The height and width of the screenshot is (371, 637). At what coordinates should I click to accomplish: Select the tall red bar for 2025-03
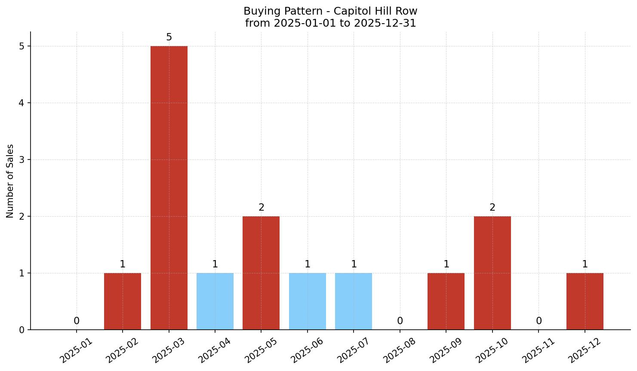click(x=169, y=187)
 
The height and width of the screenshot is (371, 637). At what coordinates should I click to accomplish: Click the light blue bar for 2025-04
click(x=215, y=301)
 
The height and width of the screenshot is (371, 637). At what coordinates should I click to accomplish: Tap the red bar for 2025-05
click(x=261, y=273)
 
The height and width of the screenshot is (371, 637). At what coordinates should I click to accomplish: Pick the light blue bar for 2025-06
click(x=308, y=301)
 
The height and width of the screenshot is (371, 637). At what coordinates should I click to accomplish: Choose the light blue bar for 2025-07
click(x=354, y=301)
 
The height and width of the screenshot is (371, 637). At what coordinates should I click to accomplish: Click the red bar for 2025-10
click(x=492, y=273)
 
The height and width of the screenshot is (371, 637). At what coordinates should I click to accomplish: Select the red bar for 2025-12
click(x=585, y=301)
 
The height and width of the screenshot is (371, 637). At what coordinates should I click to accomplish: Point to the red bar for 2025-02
click(x=123, y=301)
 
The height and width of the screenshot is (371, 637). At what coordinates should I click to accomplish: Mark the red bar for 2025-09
click(x=446, y=301)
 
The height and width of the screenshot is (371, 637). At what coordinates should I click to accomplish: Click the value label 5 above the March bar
click(x=169, y=37)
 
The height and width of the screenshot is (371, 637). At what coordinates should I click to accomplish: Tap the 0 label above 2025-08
click(x=400, y=321)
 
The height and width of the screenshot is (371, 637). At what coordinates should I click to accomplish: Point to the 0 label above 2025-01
click(x=77, y=321)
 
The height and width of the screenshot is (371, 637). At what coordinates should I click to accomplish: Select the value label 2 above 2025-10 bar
click(x=492, y=208)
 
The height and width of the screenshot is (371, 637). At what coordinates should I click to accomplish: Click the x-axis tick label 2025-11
click(x=539, y=350)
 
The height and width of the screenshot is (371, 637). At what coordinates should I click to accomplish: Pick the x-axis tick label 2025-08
click(x=400, y=350)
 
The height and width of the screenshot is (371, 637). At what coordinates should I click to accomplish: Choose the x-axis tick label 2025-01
click(x=76, y=350)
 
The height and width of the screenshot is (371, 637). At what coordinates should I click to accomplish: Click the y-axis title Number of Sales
click(x=10, y=181)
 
